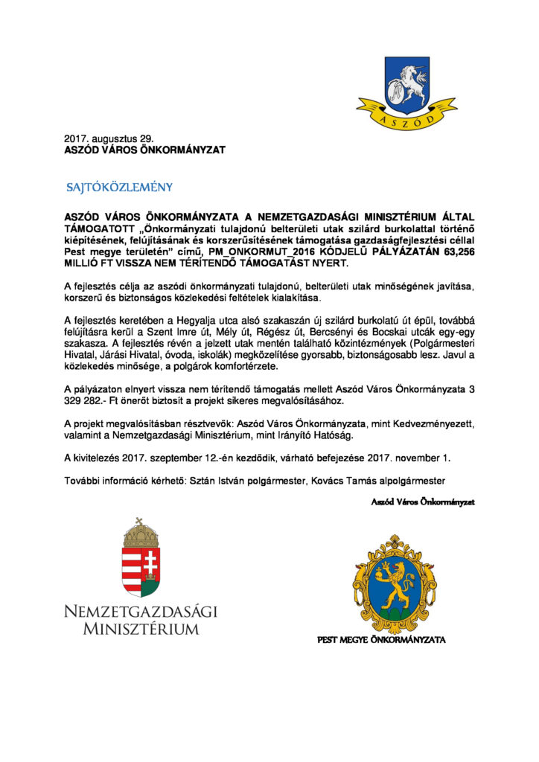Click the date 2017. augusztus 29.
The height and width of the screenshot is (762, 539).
109,138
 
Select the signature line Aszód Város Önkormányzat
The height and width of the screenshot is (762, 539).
423,502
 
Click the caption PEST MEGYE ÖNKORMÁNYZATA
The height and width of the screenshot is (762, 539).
382,639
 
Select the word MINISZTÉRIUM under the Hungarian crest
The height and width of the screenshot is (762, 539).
141,630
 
